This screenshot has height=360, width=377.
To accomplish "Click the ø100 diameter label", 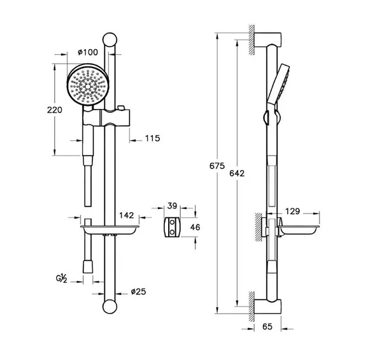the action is [x=88, y=52].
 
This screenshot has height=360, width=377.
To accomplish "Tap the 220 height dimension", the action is [x=55, y=110].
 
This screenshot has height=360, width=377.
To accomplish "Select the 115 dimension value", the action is [x=152, y=138].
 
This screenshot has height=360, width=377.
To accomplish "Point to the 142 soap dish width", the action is [x=127, y=215].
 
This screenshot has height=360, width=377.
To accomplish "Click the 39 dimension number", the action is [x=172, y=206].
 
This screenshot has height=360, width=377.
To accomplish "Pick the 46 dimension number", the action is [x=195, y=227].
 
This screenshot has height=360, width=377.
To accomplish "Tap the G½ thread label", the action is [x=62, y=278].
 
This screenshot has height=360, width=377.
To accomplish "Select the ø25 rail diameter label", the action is [x=138, y=292].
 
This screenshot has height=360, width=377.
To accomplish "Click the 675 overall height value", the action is [x=217, y=166].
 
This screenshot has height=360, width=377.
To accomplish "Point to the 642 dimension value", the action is [x=237, y=173].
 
